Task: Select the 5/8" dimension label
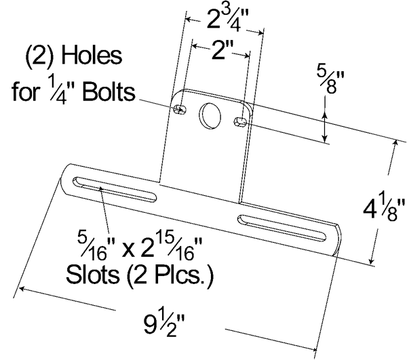click(x=330, y=81)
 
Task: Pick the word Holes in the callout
click(x=92, y=56)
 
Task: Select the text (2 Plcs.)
click(x=170, y=275)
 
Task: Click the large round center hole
click(x=210, y=117)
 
